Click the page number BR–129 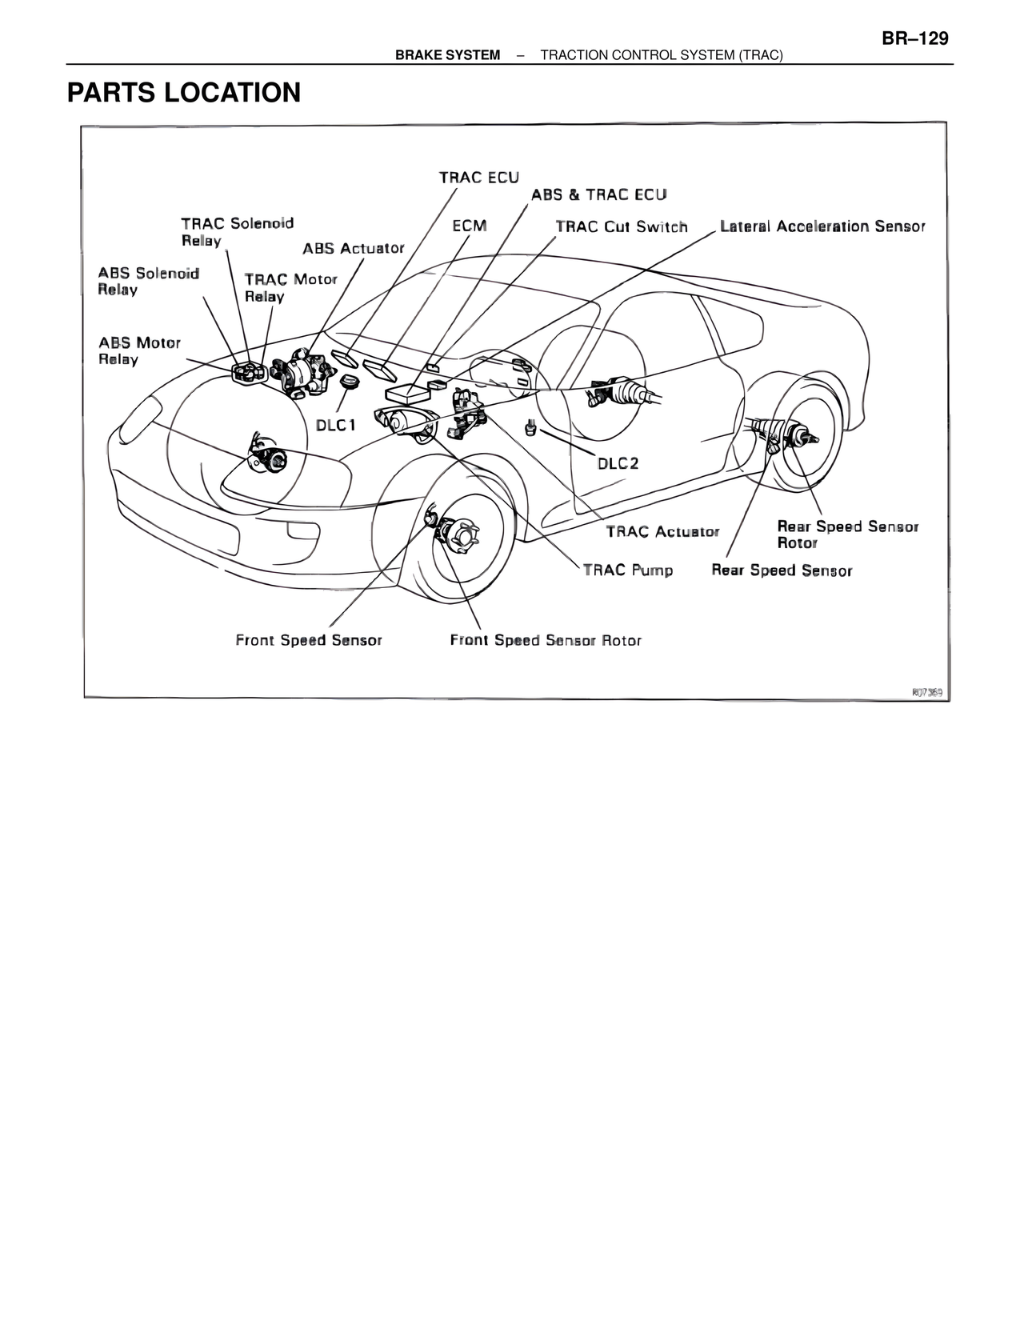(915, 39)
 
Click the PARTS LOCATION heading (184, 93)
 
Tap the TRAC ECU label (478, 177)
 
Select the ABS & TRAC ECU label (598, 194)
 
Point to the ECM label (469, 226)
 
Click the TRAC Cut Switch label (622, 226)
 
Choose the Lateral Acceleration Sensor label (822, 226)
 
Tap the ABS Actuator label (353, 248)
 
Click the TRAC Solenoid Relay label (237, 231)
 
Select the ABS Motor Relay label (139, 350)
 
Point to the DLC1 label (335, 425)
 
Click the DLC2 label (618, 464)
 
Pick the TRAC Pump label (627, 570)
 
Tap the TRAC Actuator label (662, 531)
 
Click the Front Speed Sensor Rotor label (546, 640)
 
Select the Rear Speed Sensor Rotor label (847, 534)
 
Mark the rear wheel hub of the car (801, 436)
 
